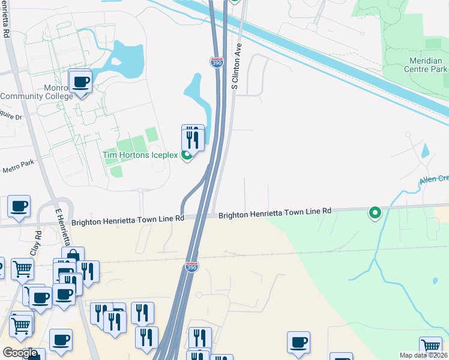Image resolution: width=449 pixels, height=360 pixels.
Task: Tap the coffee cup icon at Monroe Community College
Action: point(80,82)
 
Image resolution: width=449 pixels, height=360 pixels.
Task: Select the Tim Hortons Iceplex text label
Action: point(140,155)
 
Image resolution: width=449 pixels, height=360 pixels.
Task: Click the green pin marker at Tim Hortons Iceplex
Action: point(187,155)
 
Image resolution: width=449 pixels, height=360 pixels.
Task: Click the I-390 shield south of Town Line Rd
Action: point(191,266)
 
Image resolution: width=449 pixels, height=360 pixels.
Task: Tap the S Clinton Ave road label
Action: point(236,66)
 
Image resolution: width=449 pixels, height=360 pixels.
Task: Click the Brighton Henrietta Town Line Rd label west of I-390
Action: point(127,220)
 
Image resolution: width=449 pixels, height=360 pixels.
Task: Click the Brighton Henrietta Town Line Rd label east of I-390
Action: point(274,212)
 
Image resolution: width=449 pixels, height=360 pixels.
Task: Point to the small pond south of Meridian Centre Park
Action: point(425,151)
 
